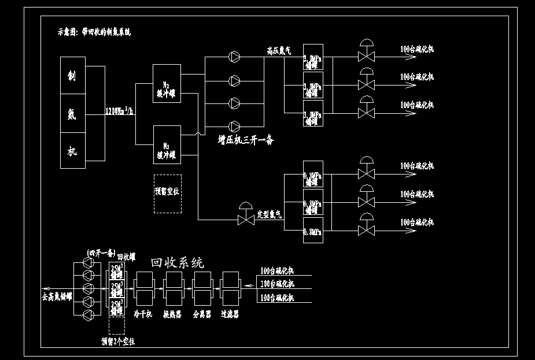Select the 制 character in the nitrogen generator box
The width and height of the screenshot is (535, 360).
(x=72, y=76)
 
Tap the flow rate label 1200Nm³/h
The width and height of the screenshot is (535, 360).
(x=120, y=112)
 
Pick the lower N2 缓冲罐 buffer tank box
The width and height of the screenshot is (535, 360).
(x=167, y=144)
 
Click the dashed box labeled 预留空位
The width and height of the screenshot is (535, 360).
(x=167, y=194)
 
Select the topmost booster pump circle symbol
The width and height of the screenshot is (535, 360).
(x=234, y=57)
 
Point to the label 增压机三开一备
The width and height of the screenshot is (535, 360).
(x=245, y=140)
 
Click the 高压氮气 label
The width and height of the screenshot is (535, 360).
(x=279, y=51)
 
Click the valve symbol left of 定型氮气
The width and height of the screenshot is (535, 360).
(x=245, y=219)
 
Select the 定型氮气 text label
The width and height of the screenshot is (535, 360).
(x=269, y=214)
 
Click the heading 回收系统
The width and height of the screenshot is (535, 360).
(x=177, y=263)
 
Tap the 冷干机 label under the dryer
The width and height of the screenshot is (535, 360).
(x=142, y=314)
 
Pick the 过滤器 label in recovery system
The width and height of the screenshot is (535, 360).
(x=230, y=314)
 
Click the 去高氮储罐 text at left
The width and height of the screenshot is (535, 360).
(x=57, y=297)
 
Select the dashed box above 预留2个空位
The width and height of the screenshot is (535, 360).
(x=116, y=325)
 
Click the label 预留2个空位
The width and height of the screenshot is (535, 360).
(x=117, y=342)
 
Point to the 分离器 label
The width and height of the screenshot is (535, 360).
(x=201, y=314)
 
